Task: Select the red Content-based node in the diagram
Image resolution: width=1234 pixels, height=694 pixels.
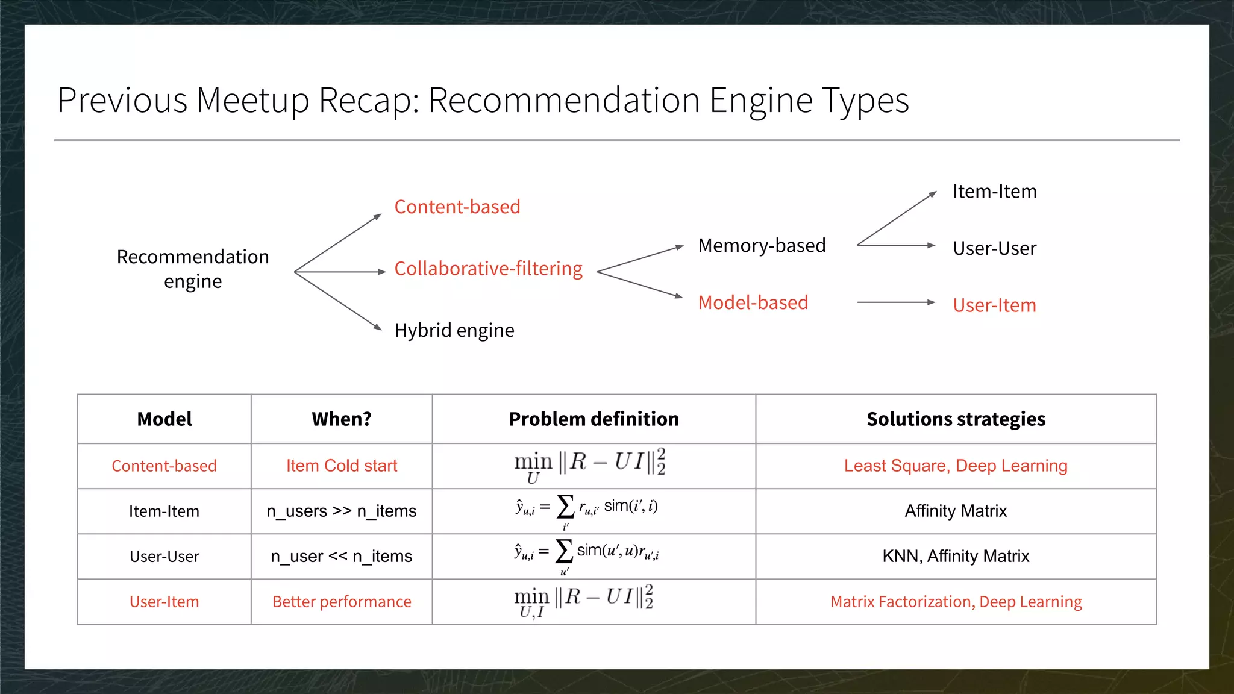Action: [457, 207]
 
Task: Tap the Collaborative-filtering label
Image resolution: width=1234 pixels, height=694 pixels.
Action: [488, 269]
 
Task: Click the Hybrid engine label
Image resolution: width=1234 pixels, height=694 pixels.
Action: [454, 330]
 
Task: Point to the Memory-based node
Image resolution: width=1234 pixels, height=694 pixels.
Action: [762, 246]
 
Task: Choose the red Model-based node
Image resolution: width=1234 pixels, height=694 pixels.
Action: [753, 302]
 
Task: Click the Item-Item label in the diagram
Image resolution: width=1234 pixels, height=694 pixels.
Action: [994, 192]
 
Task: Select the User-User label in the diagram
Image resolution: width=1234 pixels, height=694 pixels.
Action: [994, 248]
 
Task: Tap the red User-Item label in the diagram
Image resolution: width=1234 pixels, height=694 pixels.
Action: [994, 305]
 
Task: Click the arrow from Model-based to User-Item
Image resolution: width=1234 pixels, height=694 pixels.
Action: [895, 302]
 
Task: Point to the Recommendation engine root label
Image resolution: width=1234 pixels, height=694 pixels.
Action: [193, 269]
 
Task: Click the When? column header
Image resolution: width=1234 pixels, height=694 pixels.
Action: [341, 419]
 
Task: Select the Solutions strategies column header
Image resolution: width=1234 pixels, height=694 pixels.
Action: [956, 419]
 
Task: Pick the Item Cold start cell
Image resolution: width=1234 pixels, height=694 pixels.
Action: [341, 466]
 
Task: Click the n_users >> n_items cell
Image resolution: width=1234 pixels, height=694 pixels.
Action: [341, 511]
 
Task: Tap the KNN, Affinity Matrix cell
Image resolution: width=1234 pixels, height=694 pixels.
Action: [956, 556]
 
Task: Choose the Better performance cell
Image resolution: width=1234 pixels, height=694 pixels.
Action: [341, 602]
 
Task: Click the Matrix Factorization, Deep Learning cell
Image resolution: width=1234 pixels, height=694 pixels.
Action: [956, 602]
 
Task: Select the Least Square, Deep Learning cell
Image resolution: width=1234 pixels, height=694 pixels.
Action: [956, 466]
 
